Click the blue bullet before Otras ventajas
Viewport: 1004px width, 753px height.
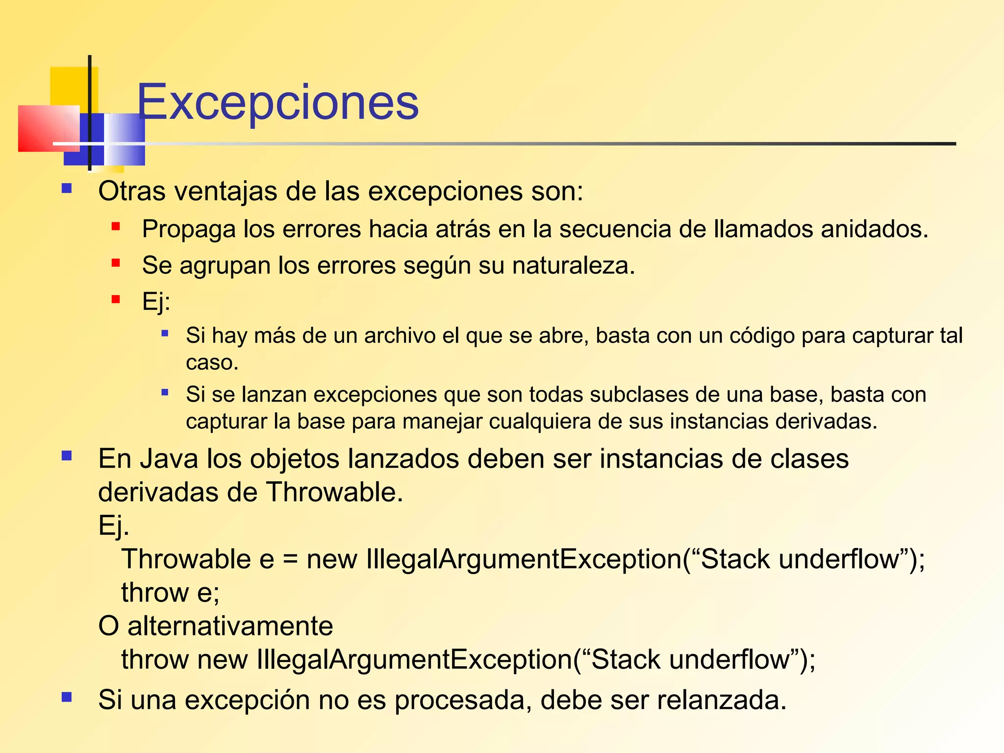point(67,189)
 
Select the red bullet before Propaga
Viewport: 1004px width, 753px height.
point(116,226)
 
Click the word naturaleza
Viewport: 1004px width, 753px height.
point(573,266)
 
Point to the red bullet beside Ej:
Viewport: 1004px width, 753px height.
point(116,299)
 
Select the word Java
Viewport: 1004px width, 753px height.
point(166,459)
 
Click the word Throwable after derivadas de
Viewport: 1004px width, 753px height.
point(334,492)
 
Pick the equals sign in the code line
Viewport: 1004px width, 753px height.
point(290,560)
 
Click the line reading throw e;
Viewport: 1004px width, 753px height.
point(170,593)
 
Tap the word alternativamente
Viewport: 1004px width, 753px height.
point(230,626)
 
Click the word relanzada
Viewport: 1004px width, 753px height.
point(721,700)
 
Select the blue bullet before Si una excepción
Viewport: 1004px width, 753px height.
point(67,697)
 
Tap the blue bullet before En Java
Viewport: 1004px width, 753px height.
point(67,456)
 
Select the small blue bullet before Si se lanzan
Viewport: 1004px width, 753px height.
point(165,392)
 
